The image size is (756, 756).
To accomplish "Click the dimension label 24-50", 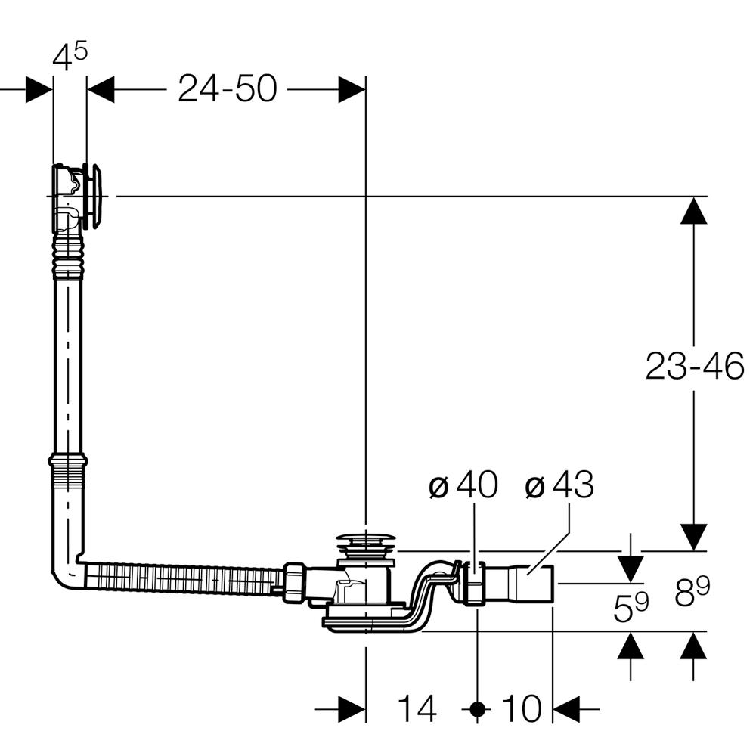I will point(227,89).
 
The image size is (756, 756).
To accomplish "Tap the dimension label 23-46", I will point(695,367).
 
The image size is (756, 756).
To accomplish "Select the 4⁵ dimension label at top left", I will point(70,58).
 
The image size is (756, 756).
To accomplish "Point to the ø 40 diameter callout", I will point(463,487).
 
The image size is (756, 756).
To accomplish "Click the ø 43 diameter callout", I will point(559,487).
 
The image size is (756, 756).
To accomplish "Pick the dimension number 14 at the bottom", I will point(417,709).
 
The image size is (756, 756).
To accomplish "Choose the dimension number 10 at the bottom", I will point(522,709).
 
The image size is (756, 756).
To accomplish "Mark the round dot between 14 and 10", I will point(476,709).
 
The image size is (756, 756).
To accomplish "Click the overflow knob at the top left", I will point(96,196).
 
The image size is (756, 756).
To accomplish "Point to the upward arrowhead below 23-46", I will point(693,211).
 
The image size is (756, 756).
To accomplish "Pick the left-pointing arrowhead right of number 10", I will point(567,709).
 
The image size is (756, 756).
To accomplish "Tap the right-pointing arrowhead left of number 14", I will point(352,709).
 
